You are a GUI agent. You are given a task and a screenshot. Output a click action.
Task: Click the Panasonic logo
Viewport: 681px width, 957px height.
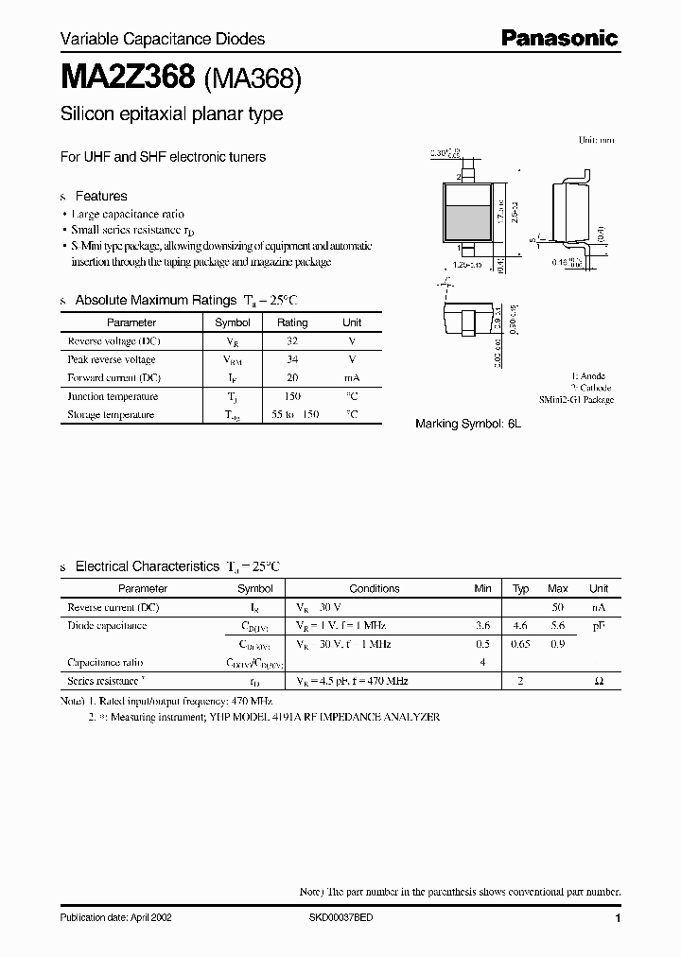point(559,38)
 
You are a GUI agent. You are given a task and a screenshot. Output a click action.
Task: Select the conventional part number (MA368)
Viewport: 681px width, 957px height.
point(252,80)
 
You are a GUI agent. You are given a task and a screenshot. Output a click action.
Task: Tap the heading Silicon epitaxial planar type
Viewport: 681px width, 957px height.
point(171,115)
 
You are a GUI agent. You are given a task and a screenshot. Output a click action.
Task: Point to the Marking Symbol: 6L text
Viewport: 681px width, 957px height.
point(468,425)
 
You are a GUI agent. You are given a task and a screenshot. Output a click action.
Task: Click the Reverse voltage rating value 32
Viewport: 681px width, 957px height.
point(292,340)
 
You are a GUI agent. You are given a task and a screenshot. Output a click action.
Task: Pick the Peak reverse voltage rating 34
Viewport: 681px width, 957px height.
point(292,359)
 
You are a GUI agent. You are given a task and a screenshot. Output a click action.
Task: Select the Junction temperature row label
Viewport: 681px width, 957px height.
point(113,396)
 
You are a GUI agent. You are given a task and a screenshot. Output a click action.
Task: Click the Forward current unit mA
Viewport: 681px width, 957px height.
point(352,377)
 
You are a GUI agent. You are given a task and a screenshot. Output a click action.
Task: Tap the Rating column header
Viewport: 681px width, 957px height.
point(292,322)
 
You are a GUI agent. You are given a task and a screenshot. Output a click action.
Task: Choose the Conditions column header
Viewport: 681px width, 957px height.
point(375,588)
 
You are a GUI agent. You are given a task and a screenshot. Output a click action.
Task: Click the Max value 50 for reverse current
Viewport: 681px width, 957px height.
point(558,607)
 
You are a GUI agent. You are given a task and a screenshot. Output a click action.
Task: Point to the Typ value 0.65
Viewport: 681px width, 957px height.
point(520,644)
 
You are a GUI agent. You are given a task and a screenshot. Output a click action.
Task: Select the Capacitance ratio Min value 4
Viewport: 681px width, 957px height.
point(482,663)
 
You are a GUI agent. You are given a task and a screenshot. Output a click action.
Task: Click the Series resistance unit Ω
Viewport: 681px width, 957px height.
point(599,681)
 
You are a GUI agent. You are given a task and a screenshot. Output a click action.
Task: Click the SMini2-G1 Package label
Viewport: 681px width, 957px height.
point(576,400)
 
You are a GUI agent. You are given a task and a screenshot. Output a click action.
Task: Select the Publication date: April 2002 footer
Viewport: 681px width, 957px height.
point(116,918)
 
